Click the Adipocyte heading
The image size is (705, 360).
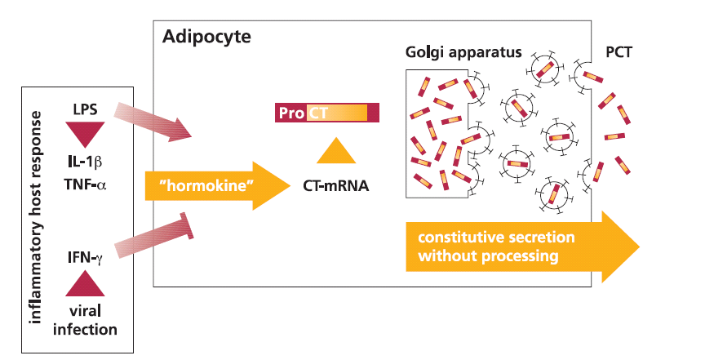click(206, 37)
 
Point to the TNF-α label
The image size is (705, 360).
click(85, 184)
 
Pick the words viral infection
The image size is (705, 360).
click(85, 321)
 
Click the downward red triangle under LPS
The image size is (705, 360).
click(85, 132)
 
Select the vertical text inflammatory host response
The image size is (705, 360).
click(36, 218)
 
